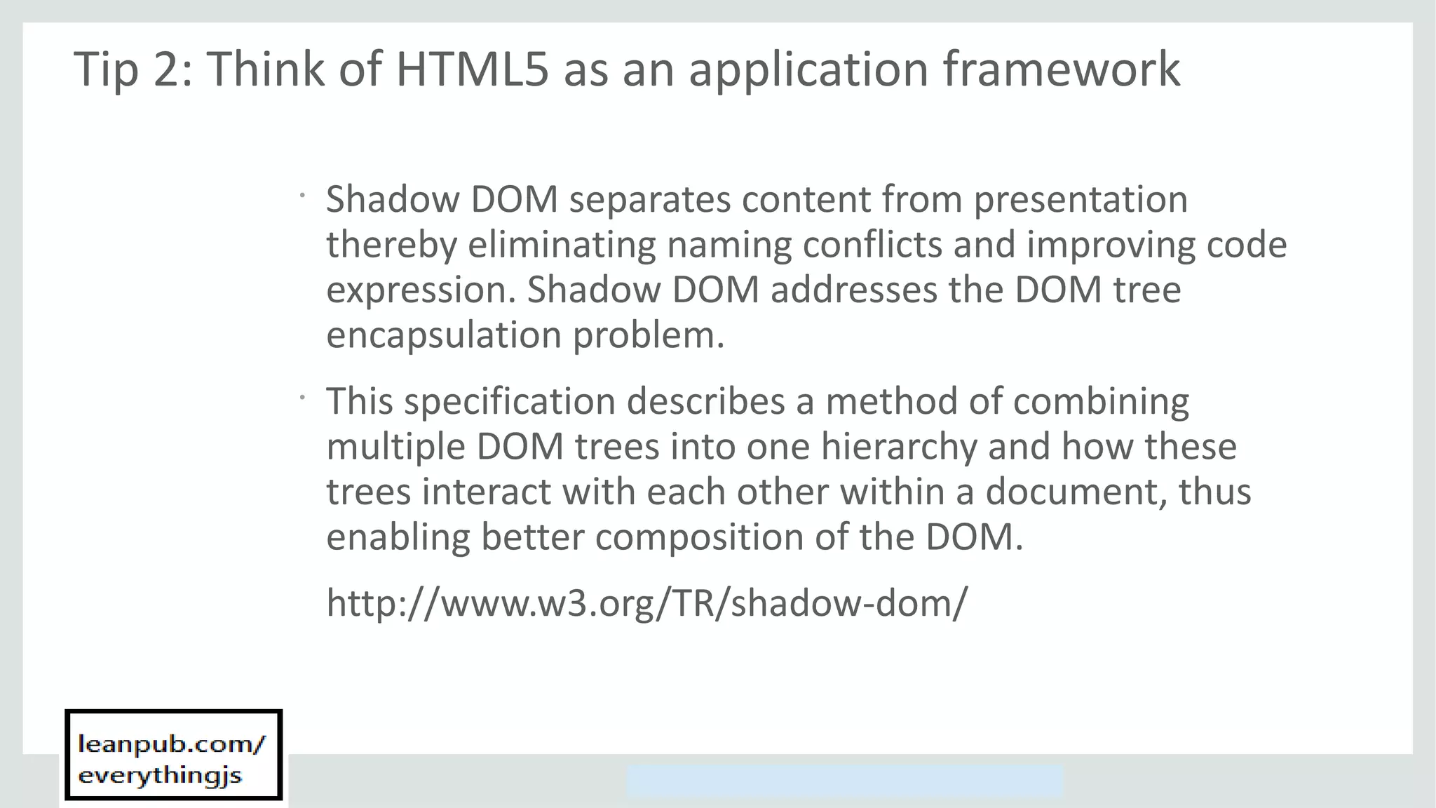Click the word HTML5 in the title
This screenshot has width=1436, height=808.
click(472, 69)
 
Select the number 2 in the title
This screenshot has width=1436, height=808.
click(166, 69)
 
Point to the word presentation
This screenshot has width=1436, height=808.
click(1081, 201)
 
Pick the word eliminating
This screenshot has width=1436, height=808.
click(561, 245)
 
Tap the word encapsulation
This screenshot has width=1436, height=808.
click(444, 336)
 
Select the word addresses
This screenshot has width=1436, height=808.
click(853, 290)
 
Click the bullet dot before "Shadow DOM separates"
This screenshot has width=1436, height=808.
click(302, 196)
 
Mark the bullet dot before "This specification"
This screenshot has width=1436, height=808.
click(302, 398)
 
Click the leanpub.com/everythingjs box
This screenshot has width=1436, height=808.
click(173, 755)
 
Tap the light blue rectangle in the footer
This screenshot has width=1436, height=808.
click(844, 781)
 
